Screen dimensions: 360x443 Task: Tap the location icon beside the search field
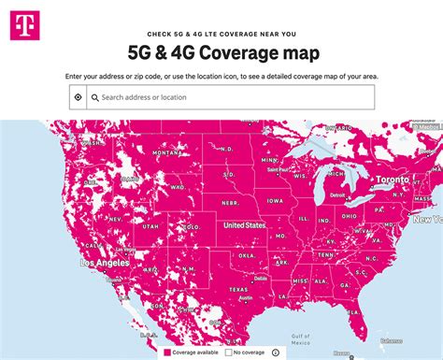pyautogui.click(x=78, y=96)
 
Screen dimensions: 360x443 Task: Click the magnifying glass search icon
pyautogui.click(x=93, y=96)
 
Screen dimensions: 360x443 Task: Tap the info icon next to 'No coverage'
pyautogui.click(x=274, y=353)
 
